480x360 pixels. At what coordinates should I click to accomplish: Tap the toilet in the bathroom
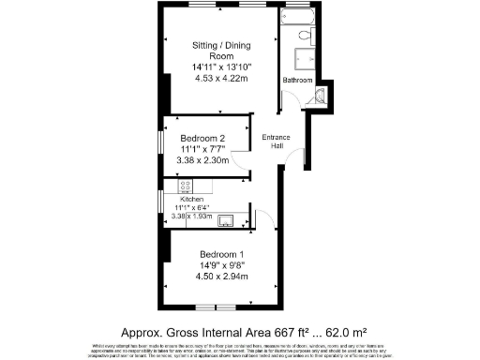(304, 37)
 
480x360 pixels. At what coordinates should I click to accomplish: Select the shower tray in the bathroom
(303, 59)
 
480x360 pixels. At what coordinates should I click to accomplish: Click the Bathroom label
(298, 81)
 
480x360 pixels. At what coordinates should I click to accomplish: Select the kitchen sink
(227, 221)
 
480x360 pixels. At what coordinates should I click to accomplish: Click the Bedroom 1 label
(221, 254)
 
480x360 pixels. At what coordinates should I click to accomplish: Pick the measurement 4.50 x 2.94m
(221, 277)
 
